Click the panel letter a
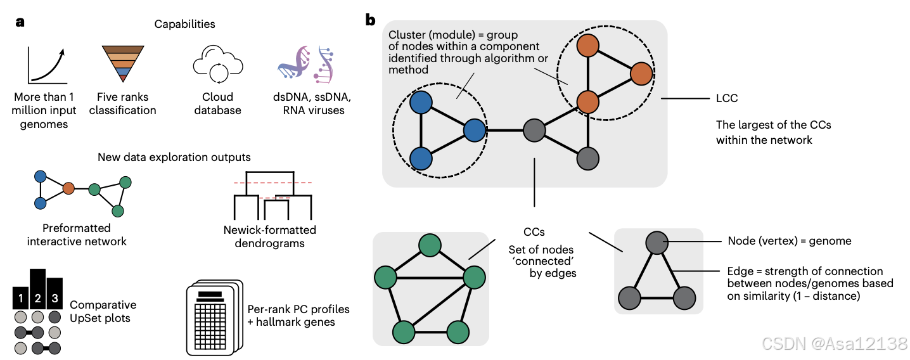[x=20, y=22]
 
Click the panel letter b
[x=370, y=20]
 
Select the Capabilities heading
[x=184, y=24]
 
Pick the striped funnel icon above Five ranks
[x=123, y=64]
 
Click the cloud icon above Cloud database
[x=218, y=64]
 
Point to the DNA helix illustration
[x=306, y=65]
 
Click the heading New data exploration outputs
[x=174, y=157]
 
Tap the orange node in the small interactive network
[x=68, y=188]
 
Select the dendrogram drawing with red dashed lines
[x=272, y=195]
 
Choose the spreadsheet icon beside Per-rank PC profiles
[x=214, y=318]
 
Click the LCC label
[x=727, y=98]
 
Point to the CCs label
[x=534, y=232]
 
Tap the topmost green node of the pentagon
[x=430, y=245]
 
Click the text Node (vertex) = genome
[x=790, y=241]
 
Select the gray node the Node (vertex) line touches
[x=657, y=243]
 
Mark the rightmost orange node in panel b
[x=641, y=74]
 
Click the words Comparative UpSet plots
[x=103, y=311]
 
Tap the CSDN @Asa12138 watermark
[x=835, y=344]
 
